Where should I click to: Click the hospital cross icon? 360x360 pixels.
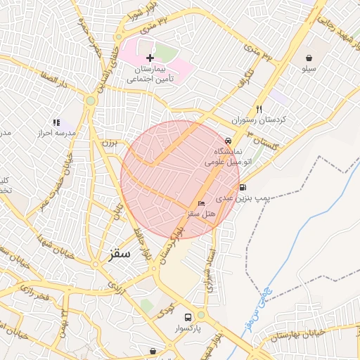tap(149, 57)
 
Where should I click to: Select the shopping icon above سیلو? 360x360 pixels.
tap(310, 57)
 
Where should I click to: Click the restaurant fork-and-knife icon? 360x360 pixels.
tap(259, 109)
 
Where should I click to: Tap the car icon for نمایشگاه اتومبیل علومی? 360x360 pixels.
tap(227, 141)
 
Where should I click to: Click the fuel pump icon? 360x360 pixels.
tap(243, 187)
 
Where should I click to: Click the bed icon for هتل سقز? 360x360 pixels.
tap(202, 203)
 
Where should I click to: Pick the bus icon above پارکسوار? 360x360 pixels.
tap(188, 317)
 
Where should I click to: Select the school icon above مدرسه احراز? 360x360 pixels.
tap(56, 122)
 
